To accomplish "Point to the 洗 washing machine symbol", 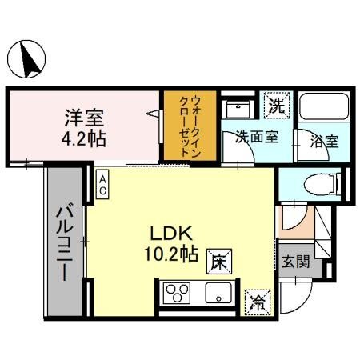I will (277, 104).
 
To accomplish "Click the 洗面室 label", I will (256, 137).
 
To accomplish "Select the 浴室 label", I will (326, 142).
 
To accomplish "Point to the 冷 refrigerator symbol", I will (258, 301).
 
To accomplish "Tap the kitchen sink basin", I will (216, 294).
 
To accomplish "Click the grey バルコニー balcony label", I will (63, 242).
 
